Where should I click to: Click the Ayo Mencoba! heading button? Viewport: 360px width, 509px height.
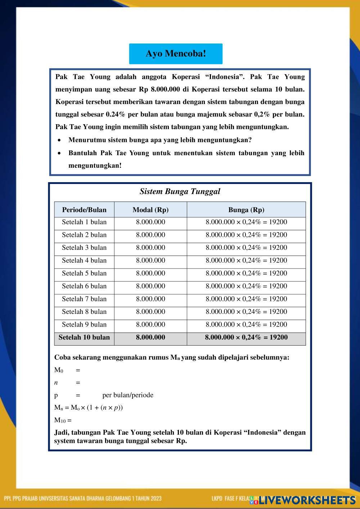pos(176,54)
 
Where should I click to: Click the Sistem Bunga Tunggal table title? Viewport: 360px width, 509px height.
pos(180,192)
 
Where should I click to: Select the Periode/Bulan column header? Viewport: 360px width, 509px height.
pos(84,210)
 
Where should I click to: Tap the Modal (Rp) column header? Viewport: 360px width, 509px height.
pos(150,210)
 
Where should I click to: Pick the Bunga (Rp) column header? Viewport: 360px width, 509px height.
pos(246,210)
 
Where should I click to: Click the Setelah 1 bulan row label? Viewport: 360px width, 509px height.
pos(84,222)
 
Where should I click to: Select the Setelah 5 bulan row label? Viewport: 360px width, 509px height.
pos(84,273)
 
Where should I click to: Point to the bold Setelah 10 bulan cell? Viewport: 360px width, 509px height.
pos(84,337)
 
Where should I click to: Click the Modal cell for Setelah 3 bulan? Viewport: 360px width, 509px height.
pos(150,248)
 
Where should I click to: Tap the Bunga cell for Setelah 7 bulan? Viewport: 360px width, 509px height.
pos(246,299)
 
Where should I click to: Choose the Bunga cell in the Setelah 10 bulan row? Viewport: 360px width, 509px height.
pos(246,337)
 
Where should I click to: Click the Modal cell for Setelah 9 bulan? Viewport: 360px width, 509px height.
pos(150,324)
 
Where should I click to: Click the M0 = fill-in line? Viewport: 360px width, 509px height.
pos(67,370)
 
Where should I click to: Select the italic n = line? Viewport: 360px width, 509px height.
pos(67,383)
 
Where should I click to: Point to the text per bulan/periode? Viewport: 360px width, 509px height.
pos(128,395)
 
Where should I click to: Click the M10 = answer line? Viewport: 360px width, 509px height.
pos(63,420)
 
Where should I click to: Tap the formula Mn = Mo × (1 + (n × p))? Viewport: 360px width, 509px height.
pos(89,408)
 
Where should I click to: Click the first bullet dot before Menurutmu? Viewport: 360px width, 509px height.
pos(59,140)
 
